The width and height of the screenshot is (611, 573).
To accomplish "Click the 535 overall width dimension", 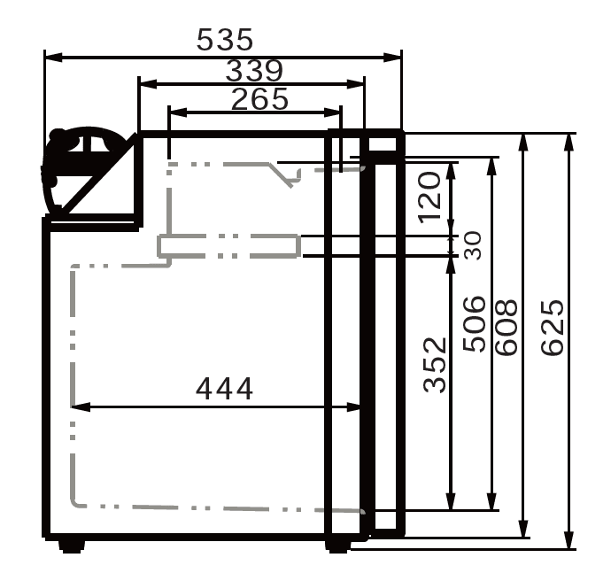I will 225,40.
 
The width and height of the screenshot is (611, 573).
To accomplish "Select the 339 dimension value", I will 254,70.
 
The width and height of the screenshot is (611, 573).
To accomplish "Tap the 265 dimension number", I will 259,98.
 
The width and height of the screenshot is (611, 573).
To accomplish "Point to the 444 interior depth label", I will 224,388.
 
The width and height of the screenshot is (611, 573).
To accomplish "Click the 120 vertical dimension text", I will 429,196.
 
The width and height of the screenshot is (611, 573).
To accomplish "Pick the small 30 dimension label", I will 472,244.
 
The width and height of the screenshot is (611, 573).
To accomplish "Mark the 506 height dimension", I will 475,323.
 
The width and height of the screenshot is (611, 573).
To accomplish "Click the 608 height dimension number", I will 505,328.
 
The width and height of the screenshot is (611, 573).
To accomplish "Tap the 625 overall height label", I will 551,328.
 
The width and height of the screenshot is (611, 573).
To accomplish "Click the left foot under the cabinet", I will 73,545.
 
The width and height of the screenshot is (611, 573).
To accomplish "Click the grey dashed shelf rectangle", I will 228,245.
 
